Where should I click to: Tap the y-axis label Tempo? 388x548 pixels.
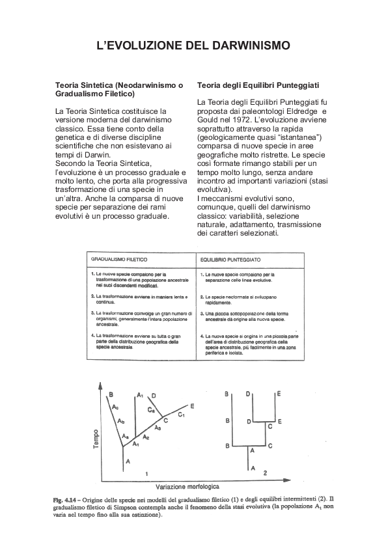96,440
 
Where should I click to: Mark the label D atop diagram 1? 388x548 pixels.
153,395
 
